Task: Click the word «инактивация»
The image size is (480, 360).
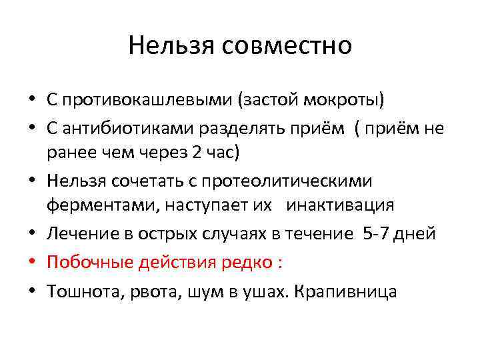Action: click(341, 205)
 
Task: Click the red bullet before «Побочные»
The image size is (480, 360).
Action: click(32, 263)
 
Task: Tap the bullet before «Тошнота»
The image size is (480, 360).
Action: click(32, 291)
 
